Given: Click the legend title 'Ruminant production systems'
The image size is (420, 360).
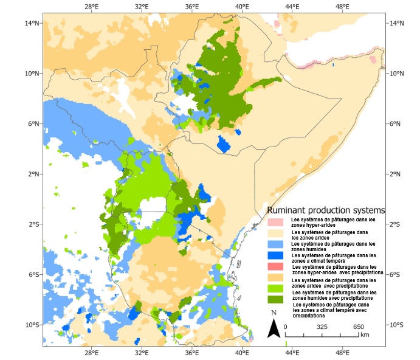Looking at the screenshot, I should pos(326,210).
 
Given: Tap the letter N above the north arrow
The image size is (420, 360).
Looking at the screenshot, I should pos(274,313).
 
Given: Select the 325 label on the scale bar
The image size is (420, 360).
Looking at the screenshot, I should pos(322,327).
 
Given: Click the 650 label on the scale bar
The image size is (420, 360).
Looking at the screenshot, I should pos(359,327).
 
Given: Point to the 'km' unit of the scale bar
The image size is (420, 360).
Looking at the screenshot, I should pos(365,334).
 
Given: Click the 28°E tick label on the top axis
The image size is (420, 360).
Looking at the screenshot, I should pos(92,7).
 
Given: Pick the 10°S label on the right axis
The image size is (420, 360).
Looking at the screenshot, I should pos(397,325).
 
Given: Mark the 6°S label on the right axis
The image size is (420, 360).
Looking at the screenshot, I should pos(396,274).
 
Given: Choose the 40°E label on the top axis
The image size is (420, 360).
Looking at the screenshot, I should pos(242,7).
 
